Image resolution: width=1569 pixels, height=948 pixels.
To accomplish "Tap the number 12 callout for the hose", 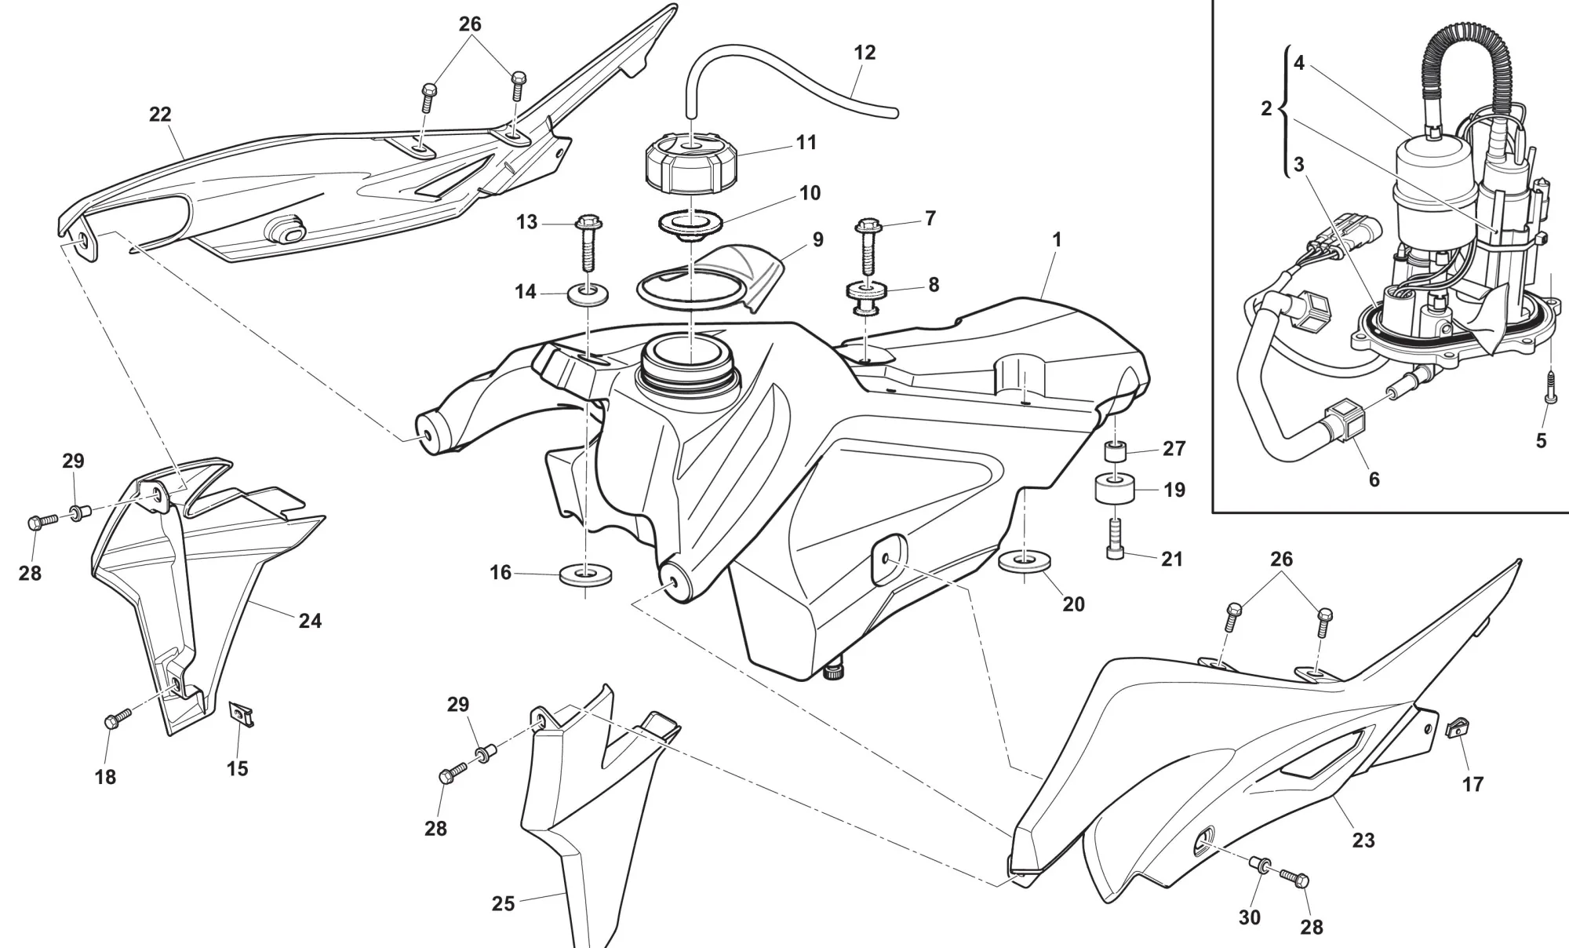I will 865,53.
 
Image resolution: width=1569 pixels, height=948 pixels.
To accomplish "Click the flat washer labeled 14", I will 588,296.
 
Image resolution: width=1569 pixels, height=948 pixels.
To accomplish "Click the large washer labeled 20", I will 1025,562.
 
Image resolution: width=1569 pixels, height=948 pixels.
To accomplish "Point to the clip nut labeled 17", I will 1457,730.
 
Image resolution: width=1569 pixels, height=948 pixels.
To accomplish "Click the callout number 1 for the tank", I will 1057,239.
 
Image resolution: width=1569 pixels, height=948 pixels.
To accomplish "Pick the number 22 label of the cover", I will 160,115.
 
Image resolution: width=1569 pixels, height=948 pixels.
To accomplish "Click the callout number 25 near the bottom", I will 503,904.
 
